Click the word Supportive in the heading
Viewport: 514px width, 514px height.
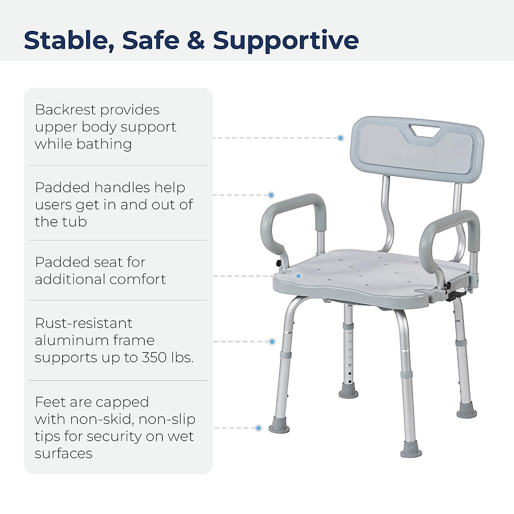tap(286, 41)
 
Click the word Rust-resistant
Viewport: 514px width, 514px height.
tap(84, 323)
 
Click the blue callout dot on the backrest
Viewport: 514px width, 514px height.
tap(341, 138)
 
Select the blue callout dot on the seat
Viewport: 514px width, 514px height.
tap(299, 276)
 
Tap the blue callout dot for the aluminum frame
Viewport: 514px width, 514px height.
tap(272, 341)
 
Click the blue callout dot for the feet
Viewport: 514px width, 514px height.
tap(258, 428)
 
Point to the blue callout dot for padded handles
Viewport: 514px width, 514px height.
tap(271, 195)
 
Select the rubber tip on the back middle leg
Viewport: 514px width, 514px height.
tap(348, 394)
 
